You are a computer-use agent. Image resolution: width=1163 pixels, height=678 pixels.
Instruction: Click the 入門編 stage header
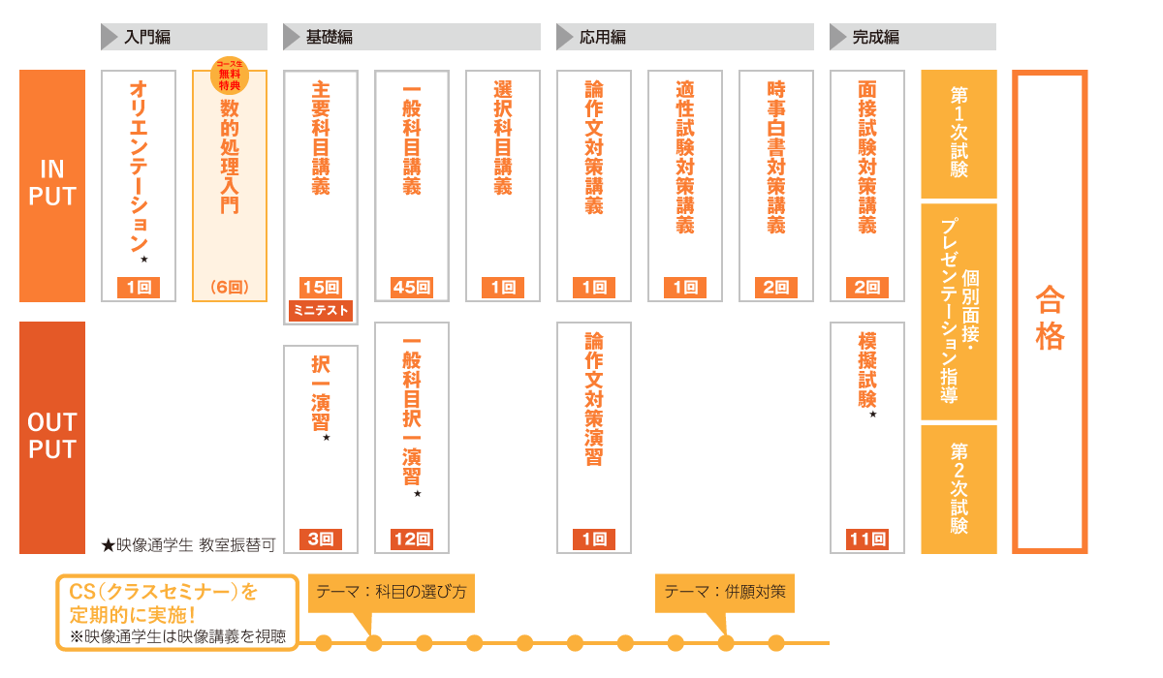[x=184, y=37]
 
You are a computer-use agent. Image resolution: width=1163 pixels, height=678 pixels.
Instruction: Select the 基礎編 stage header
[x=412, y=37]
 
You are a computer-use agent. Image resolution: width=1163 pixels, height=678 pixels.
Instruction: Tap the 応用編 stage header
[x=685, y=37]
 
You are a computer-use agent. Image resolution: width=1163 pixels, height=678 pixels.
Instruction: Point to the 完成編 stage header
[x=913, y=37]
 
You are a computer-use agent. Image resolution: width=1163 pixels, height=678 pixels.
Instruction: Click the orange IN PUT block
[x=52, y=186]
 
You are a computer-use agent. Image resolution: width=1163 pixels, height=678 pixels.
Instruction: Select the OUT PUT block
[x=52, y=437]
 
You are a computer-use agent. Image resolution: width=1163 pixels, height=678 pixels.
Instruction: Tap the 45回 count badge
[x=412, y=288]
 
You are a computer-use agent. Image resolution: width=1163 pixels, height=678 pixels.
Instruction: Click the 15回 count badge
[x=321, y=288]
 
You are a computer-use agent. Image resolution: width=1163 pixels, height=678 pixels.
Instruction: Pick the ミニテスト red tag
[x=321, y=310]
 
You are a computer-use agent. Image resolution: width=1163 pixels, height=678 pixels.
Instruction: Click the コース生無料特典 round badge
[x=230, y=76]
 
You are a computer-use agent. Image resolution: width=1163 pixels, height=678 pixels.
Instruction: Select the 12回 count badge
[x=412, y=539]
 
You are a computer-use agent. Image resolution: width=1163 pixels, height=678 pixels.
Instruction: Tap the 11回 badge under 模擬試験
[x=867, y=539]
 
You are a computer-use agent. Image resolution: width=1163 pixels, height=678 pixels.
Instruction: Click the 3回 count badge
[x=321, y=539]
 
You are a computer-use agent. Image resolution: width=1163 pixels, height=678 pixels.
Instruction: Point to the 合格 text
[x=1050, y=318]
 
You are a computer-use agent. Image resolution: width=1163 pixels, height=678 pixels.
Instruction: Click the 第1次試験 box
[x=959, y=134]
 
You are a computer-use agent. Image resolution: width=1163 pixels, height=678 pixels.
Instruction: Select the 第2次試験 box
[x=959, y=489]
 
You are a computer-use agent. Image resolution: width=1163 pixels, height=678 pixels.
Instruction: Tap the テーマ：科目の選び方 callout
[x=392, y=593]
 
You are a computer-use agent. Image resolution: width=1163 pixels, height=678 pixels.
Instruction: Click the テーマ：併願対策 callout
[x=725, y=593]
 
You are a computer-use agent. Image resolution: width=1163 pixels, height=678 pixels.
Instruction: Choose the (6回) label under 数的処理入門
[x=230, y=287]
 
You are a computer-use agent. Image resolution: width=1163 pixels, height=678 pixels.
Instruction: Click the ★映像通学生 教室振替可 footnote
[x=188, y=545]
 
